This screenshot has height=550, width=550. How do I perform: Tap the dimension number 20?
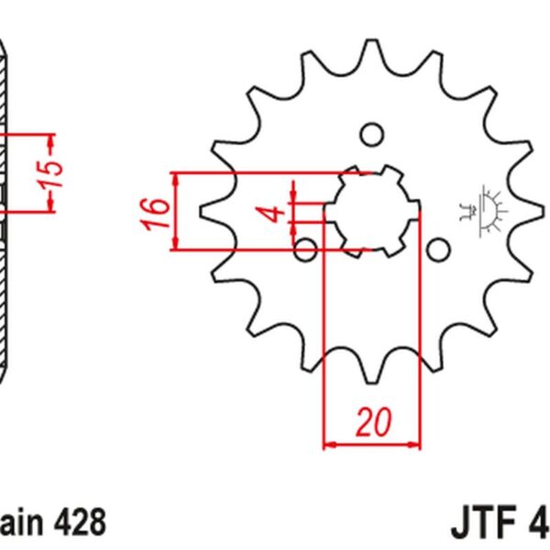click(x=372, y=423)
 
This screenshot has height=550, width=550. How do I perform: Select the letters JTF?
click(x=487, y=523)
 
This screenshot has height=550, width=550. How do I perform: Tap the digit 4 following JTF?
click(x=538, y=523)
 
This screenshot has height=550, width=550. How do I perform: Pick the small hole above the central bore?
click(x=371, y=135)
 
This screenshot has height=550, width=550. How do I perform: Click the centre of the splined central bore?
click(x=371, y=212)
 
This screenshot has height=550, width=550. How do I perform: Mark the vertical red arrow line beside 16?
click(x=176, y=210)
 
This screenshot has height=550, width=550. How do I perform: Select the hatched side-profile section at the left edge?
click(x=9, y=211)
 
